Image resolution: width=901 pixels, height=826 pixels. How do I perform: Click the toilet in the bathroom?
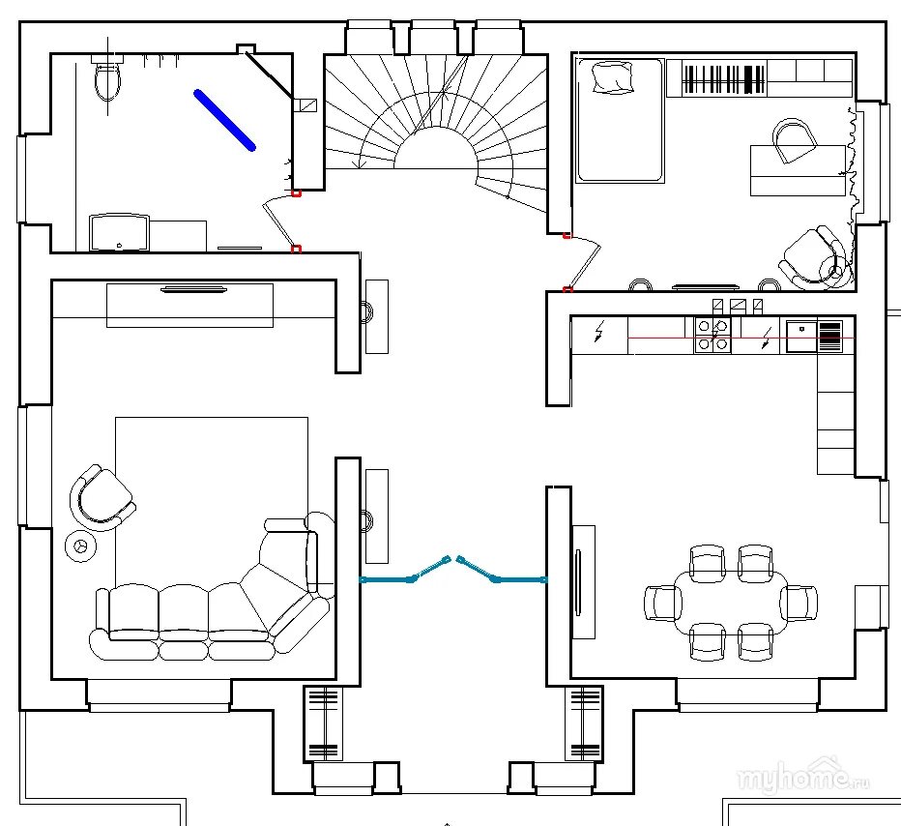pos(107,80)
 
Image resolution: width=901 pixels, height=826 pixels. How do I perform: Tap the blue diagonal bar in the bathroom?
pos(224,120)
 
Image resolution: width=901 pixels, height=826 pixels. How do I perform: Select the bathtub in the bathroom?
pos(119,233)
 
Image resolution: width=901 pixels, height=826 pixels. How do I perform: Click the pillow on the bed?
pos(611,77)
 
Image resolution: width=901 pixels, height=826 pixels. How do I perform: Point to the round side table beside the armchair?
pos(79,546)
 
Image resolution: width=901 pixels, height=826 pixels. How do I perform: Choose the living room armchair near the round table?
pos(102,496)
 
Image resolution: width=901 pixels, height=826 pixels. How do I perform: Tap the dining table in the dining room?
pos(731,602)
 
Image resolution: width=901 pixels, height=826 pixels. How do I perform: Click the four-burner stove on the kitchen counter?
pos(712,335)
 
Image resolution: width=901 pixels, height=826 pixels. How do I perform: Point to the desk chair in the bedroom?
pos(795,140)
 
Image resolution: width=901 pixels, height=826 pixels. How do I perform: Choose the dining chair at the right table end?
pos(799,603)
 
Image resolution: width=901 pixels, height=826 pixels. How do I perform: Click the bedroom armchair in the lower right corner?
pos(814,256)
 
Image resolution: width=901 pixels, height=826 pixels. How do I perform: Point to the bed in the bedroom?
pos(620,120)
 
